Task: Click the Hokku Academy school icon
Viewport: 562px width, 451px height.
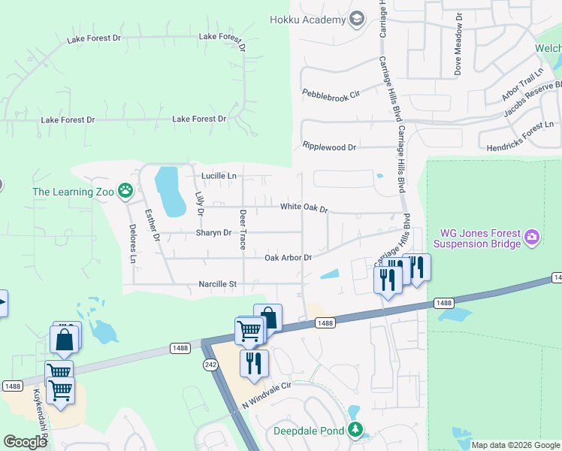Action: (x=358, y=20)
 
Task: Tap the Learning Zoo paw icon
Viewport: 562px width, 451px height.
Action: (x=125, y=192)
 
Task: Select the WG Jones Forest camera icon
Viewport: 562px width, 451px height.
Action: (x=532, y=238)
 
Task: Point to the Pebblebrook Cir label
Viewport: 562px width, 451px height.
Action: (x=331, y=94)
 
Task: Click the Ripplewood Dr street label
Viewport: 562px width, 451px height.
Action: (x=329, y=147)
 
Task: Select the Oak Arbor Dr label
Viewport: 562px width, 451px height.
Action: (x=288, y=258)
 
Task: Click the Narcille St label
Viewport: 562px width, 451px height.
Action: (x=218, y=284)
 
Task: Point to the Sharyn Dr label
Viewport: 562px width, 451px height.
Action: (x=213, y=233)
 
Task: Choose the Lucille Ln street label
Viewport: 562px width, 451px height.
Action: (x=219, y=176)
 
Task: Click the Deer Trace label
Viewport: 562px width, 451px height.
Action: (x=243, y=229)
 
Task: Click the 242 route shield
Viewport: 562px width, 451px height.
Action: (x=210, y=364)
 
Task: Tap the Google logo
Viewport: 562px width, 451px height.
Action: (x=25, y=442)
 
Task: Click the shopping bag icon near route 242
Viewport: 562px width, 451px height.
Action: (x=267, y=318)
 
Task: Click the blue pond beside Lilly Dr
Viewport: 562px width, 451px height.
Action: (x=171, y=189)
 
